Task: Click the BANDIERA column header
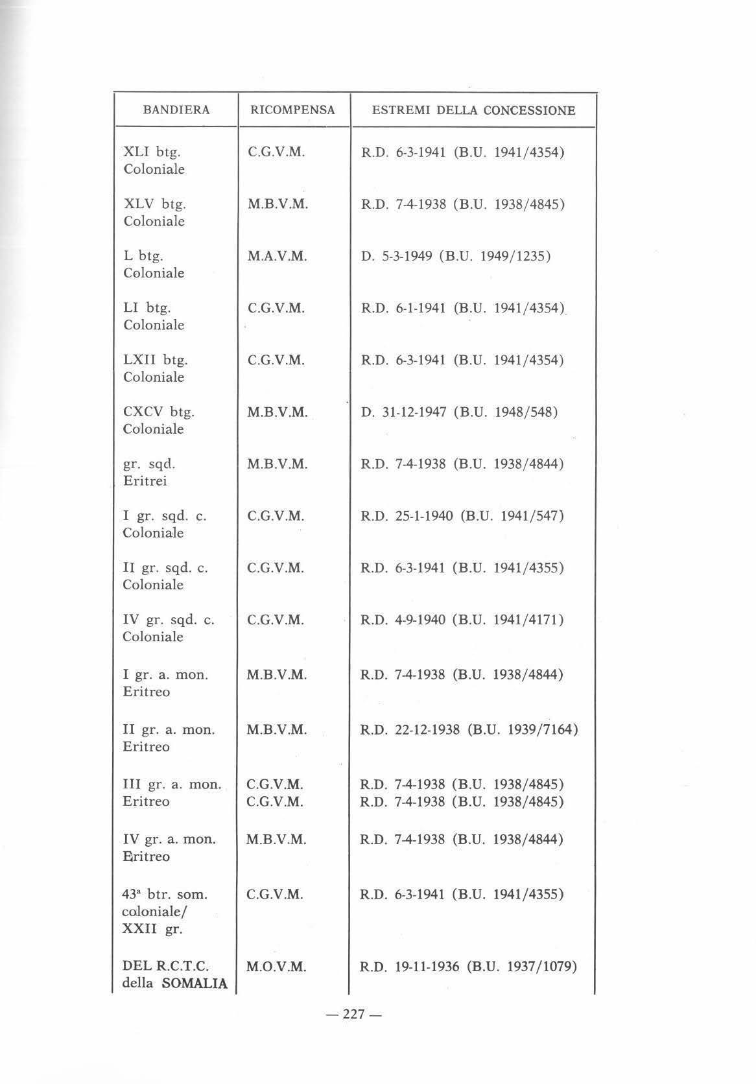[x=176, y=110]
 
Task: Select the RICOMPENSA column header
[x=293, y=110]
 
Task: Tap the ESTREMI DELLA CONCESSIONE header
[x=473, y=110]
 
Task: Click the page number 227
[x=353, y=1015]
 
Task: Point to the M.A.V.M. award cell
[x=277, y=257]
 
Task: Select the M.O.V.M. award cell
[x=276, y=967]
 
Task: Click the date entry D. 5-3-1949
[x=397, y=256]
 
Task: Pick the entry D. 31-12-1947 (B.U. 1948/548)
[x=459, y=412]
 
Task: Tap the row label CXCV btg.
[x=159, y=412]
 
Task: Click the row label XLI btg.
[x=152, y=152]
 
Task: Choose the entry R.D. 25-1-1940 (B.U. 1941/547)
[x=462, y=516]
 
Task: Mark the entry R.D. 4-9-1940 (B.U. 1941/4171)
[x=462, y=620]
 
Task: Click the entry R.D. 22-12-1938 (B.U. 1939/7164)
[x=468, y=729]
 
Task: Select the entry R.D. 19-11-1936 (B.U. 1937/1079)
[x=468, y=967]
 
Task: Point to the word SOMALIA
[x=194, y=984]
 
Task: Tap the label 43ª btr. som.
[x=165, y=895]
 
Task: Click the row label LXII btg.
[x=156, y=360]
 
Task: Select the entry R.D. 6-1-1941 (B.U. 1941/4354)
[x=462, y=309]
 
